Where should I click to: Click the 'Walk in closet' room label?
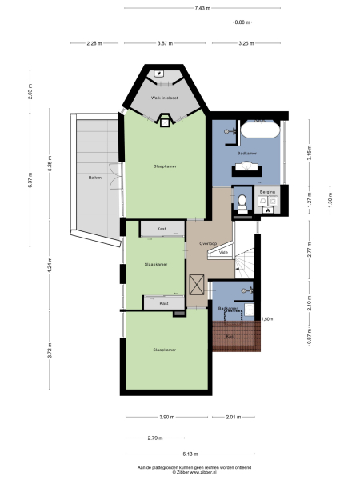coord(164,98)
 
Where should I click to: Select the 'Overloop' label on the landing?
coord(209,242)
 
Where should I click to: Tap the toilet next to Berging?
coord(239,202)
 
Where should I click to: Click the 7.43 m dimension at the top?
coord(202,8)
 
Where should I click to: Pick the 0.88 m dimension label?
coord(241,22)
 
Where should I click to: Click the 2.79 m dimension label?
coord(155,438)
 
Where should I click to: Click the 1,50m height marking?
coord(267,318)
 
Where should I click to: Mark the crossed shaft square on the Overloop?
coord(197,286)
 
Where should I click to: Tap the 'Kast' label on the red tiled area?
coord(230,336)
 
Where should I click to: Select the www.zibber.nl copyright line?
coord(183,472)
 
